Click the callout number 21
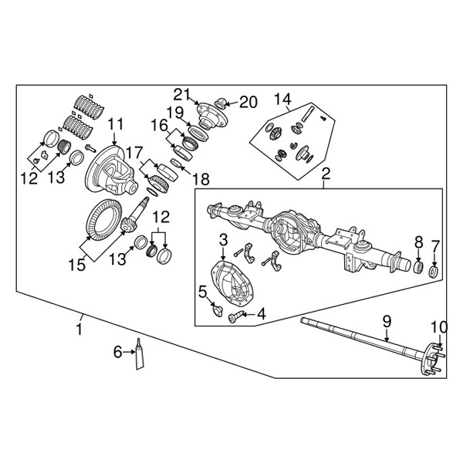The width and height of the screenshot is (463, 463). point(182,94)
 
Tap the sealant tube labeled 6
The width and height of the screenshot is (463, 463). point(140,354)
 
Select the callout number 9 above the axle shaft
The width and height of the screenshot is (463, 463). point(387,322)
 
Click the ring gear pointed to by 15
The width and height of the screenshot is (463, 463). point(103,220)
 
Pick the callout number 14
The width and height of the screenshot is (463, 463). point(283,100)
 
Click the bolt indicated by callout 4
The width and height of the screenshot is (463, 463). point(235,317)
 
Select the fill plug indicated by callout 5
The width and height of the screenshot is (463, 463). point(217,312)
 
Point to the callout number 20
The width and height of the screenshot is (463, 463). point(248,102)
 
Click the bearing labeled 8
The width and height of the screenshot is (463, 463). point(418,267)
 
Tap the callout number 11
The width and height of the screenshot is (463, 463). point(115,124)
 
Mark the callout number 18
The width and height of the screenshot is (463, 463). point(201,179)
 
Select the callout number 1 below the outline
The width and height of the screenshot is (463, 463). point(79,329)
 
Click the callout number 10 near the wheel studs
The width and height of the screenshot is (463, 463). point(439,327)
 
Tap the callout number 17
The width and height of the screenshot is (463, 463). point(134,154)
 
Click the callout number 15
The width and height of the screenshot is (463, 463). point(77,265)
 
